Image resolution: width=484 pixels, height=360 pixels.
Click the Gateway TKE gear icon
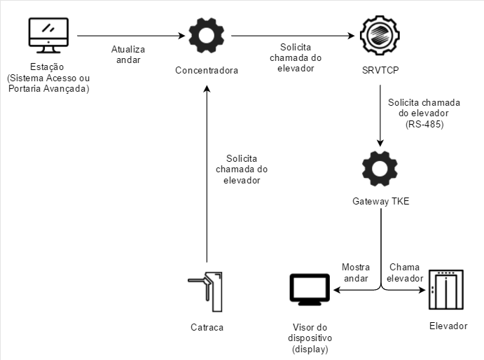click(380, 169)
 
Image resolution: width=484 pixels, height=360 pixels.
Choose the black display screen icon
click(310, 290)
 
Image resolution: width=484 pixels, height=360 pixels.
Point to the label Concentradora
click(207, 71)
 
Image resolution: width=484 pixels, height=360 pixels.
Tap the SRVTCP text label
click(379, 71)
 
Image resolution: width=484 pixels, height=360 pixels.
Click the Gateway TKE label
click(380, 202)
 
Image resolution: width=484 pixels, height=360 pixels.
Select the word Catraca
click(207, 327)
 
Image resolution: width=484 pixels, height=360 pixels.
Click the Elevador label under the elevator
click(448, 326)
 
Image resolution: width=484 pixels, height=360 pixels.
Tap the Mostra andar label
click(355, 273)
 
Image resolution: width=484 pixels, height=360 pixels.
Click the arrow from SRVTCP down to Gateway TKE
click(380, 116)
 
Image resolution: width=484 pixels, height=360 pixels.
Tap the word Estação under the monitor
click(48, 67)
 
